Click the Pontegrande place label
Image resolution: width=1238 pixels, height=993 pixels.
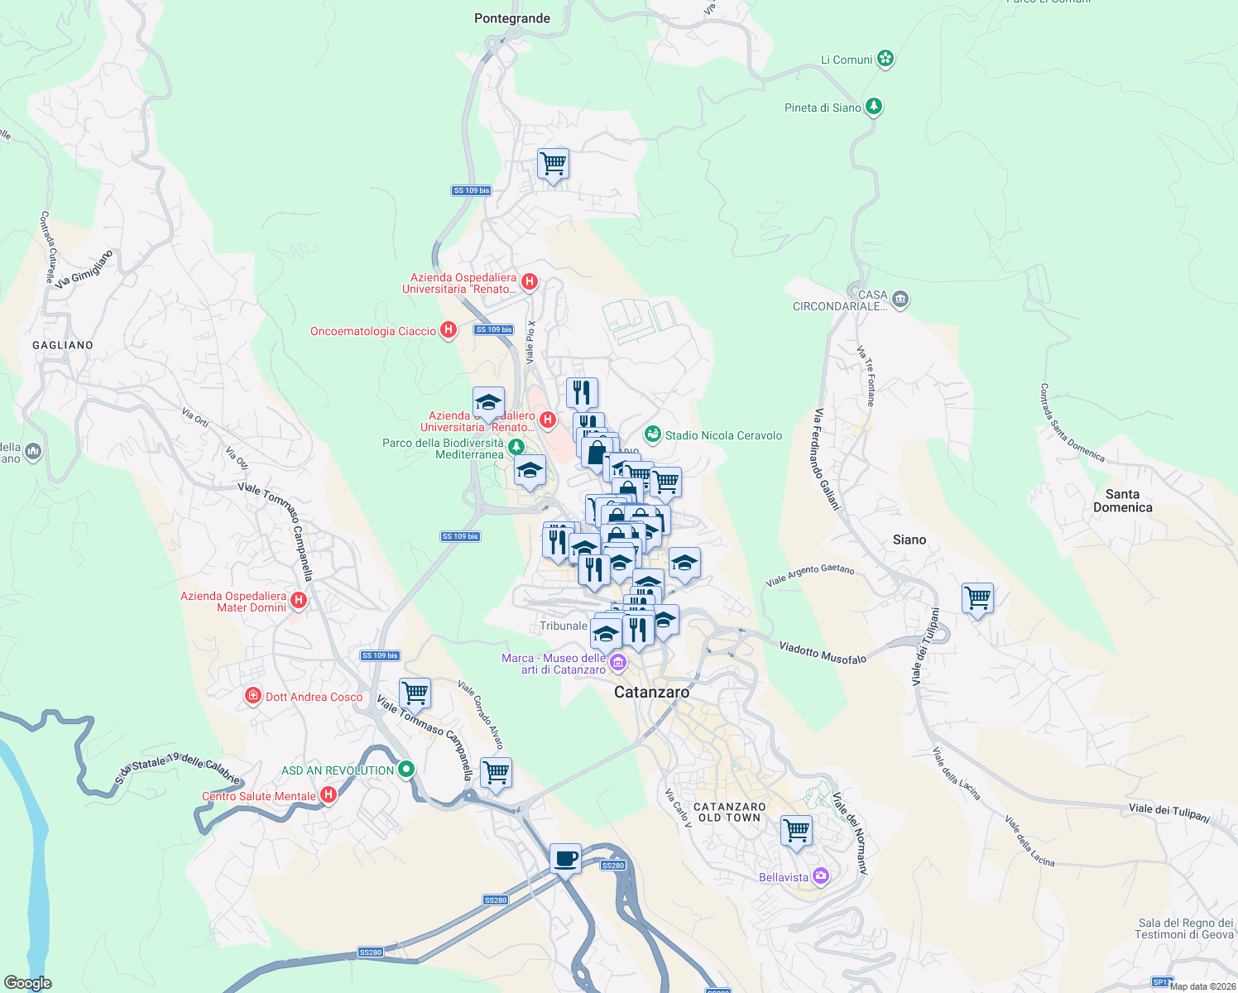pyautogui.click(x=511, y=18)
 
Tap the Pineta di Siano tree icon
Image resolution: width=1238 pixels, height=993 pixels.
pyautogui.click(x=873, y=107)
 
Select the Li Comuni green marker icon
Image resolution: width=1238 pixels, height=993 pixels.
pyautogui.click(x=885, y=59)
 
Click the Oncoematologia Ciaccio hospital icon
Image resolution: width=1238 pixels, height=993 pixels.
pyautogui.click(x=448, y=331)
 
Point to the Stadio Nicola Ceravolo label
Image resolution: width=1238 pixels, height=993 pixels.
pyautogui.click(x=722, y=435)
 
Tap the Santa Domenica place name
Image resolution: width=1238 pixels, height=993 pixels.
pyautogui.click(x=1122, y=501)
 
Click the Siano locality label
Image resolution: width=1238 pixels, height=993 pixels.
pyautogui.click(x=909, y=540)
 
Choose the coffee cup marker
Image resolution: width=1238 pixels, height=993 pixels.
pyautogui.click(x=565, y=858)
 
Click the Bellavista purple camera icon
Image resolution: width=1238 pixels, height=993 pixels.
pyautogui.click(x=820, y=876)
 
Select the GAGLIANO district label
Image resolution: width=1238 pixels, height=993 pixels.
pyautogui.click(x=63, y=345)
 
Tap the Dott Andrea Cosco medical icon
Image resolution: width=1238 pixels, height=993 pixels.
pyautogui.click(x=253, y=697)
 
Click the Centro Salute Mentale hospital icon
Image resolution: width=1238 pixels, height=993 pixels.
pyautogui.click(x=329, y=795)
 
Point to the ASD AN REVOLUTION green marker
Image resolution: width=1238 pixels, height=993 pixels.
pyautogui.click(x=405, y=770)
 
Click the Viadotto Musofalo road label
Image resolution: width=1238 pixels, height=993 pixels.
pyautogui.click(x=822, y=653)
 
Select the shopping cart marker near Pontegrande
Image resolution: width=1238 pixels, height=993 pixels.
pyautogui.click(x=553, y=163)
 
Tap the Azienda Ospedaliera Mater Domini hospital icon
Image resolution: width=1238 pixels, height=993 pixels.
pyautogui.click(x=299, y=601)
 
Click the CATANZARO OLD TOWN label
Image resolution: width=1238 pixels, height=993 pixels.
pyautogui.click(x=729, y=812)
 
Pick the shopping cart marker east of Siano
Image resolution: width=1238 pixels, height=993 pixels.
pyautogui.click(x=977, y=597)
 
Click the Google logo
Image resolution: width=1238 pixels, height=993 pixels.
pyautogui.click(x=27, y=983)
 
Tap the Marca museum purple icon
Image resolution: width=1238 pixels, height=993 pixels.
pyautogui.click(x=617, y=662)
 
